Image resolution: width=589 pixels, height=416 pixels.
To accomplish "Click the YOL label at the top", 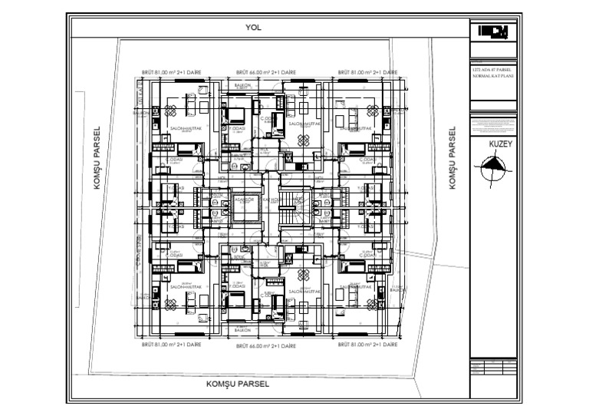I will point(254,28).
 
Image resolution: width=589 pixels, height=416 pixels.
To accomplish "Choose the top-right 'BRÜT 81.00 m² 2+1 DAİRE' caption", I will point(366,73).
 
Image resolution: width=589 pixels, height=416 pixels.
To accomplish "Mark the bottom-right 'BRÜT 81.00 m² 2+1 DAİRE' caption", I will point(366,347).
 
